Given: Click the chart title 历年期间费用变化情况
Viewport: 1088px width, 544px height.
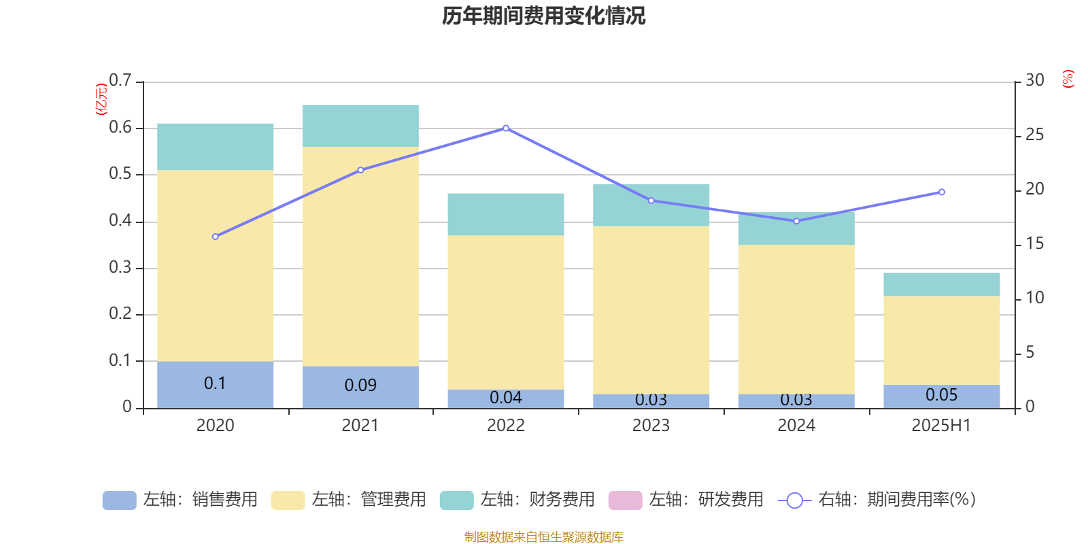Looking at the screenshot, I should pos(543,16).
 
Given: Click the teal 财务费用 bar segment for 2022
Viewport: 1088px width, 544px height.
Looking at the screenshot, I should pos(505,214).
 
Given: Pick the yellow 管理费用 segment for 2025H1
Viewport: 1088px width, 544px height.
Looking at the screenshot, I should pos(941,340).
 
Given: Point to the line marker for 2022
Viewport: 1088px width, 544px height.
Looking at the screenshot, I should pos(505,128).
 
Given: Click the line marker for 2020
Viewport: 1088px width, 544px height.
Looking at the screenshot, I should pos(215,237).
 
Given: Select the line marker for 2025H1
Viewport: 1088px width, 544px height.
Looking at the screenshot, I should pos(941,192).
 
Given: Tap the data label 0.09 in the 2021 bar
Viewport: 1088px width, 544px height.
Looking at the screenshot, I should pos(360,386).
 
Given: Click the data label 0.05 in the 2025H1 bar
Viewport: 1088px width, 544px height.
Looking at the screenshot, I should pos(941,395).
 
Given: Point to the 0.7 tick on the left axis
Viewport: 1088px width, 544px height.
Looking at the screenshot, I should pos(120,81).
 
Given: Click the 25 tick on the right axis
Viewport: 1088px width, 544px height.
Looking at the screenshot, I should pos(1034,135).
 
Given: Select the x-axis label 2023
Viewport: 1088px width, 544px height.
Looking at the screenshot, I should pos(651,426).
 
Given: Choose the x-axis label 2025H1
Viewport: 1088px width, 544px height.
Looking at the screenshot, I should pos(941,426).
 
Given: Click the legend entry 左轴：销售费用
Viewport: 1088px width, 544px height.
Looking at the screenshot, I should pos(180,500).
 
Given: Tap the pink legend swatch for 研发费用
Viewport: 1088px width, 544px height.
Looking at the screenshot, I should pos(625,500).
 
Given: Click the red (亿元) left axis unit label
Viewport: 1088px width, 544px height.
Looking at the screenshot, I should pos(101,99).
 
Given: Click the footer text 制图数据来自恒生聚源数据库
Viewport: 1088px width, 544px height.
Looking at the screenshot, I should pos(543,537).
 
